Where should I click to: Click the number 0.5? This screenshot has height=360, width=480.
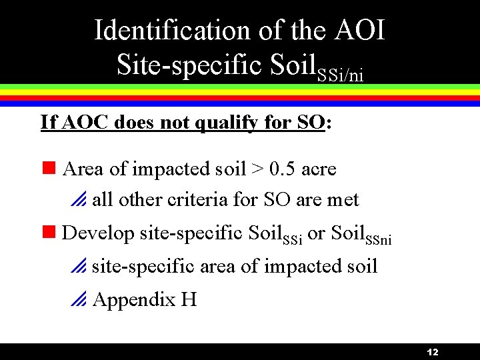coord(282,169)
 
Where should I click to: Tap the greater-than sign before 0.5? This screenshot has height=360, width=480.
coord(257,169)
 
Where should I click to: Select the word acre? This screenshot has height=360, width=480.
coord(319,169)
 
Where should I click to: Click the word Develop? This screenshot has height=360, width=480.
coord(98,233)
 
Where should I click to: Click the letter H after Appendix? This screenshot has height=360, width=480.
coord(189,299)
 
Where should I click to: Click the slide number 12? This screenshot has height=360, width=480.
coord(432,352)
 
